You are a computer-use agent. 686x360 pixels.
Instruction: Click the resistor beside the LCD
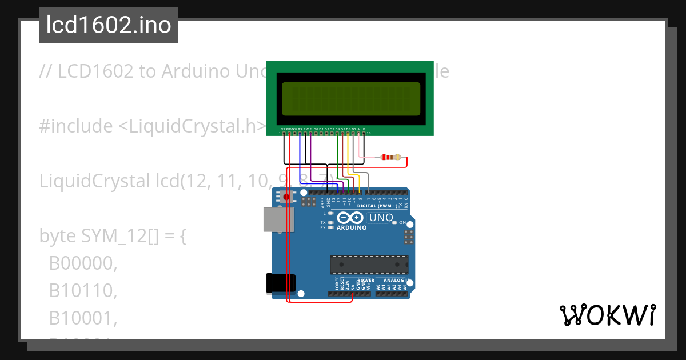pyautogui.click(x=391, y=157)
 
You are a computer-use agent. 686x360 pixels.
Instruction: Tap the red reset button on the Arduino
pyautogui.click(x=286, y=197)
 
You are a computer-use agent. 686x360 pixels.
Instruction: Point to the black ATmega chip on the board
pyautogui.click(x=369, y=265)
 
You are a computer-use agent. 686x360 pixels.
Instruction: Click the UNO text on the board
pyautogui.click(x=381, y=218)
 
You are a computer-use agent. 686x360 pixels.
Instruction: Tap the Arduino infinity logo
pyautogui.click(x=350, y=218)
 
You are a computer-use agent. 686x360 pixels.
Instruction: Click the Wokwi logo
pyautogui.click(x=607, y=315)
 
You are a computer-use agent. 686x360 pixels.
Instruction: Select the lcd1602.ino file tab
pyautogui.click(x=109, y=25)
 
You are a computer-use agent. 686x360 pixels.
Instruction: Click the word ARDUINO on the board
pyautogui.click(x=351, y=227)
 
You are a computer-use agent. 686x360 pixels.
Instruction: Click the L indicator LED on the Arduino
pyautogui.click(x=331, y=213)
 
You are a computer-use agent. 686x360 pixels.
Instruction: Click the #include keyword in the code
pyautogui.click(x=76, y=126)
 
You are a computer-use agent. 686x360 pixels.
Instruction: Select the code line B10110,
pyautogui.click(x=83, y=291)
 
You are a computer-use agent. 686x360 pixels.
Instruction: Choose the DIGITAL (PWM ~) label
pyautogui.click(x=377, y=206)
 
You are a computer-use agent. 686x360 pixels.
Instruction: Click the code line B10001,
pyautogui.click(x=83, y=318)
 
